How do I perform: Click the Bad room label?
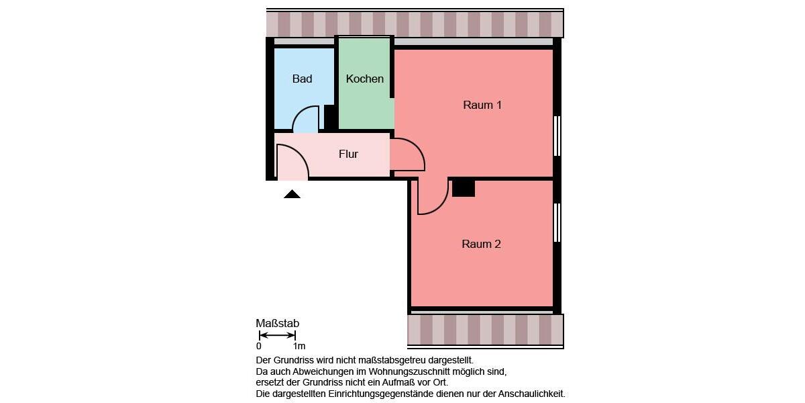click(302, 79)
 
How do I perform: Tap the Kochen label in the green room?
click(365, 79)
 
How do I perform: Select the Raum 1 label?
click(482, 105)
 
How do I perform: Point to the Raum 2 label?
click(481, 244)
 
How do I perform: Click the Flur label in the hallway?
click(348, 154)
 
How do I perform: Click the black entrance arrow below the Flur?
click(292, 194)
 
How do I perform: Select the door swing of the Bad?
click(306, 120)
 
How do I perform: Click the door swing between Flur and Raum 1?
click(407, 154)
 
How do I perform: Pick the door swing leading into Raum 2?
click(431, 196)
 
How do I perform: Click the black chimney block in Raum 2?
click(463, 188)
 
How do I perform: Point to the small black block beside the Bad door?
click(330, 117)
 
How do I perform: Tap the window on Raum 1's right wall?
click(557, 136)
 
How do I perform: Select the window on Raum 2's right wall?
click(557, 222)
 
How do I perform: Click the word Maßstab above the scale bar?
click(277, 324)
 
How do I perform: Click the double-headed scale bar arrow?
click(277, 335)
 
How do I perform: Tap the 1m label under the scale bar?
click(299, 347)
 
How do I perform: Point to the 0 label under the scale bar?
click(259, 347)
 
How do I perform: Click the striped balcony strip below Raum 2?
click(485, 330)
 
